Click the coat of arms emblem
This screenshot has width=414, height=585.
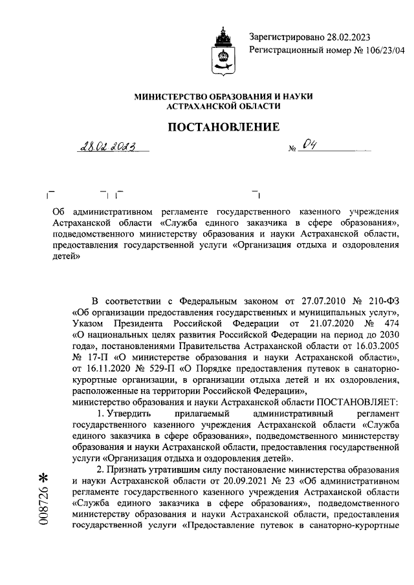pyautogui.click(x=223, y=52)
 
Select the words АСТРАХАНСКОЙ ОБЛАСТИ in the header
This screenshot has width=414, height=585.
pyautogui.click(x=223, y=106)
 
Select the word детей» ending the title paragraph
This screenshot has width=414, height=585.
pyautogui.click(x=66, y=255)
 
